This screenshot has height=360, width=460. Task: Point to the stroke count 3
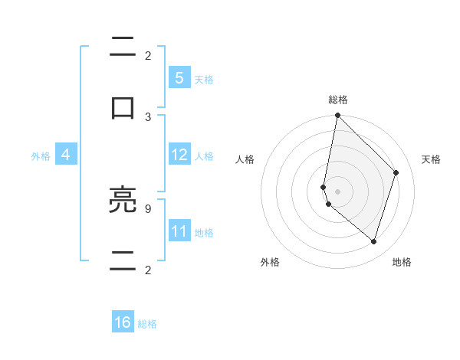point(148,116)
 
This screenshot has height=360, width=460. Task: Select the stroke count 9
point(148,208)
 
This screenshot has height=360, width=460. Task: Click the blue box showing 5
point(179,78)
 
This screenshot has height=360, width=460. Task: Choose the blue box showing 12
point(179,155)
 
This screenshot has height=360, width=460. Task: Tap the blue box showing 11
point(179,231)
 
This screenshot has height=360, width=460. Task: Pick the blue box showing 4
point(66,155)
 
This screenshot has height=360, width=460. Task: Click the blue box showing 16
point(123,322)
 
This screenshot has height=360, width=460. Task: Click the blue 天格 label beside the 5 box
point(204,80)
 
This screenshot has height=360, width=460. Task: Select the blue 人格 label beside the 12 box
point(204,156)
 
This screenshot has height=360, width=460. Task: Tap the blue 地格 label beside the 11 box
point(204,233)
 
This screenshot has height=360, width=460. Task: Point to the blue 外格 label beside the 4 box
point(41,156)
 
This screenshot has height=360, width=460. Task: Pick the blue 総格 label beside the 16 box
point(147,324)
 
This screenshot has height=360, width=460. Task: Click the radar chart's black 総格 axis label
point(338,100)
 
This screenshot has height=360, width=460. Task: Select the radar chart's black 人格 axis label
point(245,159)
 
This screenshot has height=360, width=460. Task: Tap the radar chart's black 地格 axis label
point(402,262)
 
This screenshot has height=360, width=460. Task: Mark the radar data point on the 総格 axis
point(337,115)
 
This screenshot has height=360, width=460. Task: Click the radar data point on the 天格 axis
point(396,172)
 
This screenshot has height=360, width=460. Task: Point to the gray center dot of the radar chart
point(337,191)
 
